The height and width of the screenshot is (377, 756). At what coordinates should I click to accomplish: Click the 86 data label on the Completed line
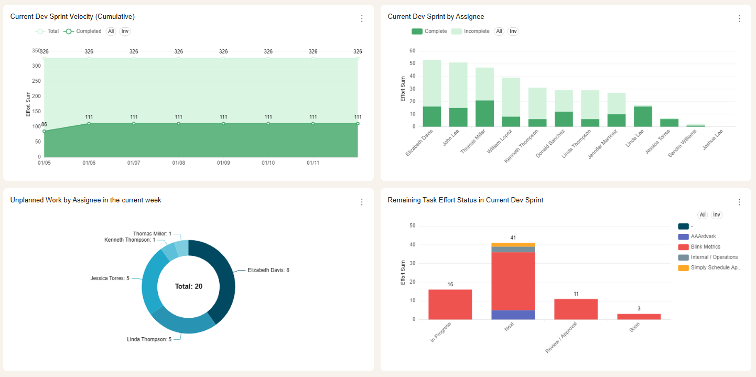click(x=44, y=124)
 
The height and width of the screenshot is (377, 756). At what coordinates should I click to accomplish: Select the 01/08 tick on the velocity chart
click(x=178, y=163)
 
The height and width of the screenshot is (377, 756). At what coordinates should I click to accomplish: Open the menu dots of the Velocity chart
click(x=361, y=19)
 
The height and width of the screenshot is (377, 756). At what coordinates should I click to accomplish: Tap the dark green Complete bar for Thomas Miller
click(x=484, y=113)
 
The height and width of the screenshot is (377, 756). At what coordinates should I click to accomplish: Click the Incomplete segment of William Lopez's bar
click(x=511, y=97)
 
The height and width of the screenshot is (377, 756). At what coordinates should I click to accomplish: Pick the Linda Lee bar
click(x=643, y=116)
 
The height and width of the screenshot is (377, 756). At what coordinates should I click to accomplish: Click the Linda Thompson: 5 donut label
click(x=149, y=339)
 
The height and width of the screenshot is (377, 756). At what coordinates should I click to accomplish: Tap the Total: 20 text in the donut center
click(x=188, y=286)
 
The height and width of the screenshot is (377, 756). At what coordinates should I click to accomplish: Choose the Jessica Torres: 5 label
click(x=110, y=278)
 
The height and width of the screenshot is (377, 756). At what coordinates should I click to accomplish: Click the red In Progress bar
click(x=450, y=305)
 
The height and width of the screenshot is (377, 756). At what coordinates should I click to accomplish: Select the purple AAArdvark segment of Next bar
click(x=513, y=315)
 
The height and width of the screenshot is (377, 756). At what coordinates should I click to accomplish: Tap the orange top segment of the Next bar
click(x=513, y=245)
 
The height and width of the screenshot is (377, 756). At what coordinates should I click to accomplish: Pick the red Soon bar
click(x=639, y=317)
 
